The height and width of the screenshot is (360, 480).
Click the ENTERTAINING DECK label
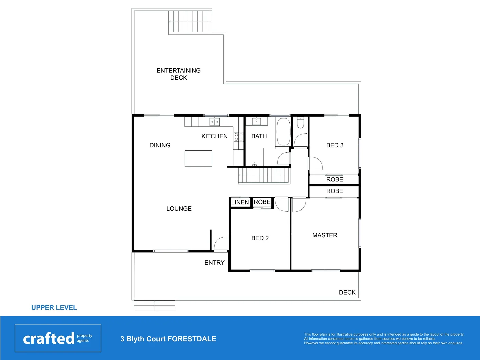pyautogui.click(x=179, y=74)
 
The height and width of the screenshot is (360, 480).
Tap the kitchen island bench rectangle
pyautogui.click(x=198, y=158)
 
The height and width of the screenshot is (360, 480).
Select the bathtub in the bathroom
pyautogui.click(x=283, y=132)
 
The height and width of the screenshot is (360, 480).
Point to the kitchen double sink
pyautogui.click(x=214, y=122)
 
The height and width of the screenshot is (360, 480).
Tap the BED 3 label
pyautogui.click(x=335, y=145)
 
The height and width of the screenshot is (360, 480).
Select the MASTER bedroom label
pyautogui.click(x=325, y=235)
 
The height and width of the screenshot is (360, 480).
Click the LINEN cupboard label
pyautogui.click(x=240, y=202)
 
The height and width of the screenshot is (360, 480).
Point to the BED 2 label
pyautogui.click(x=260, y=238)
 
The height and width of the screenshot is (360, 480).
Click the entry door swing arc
pyautogui.click(x=220, y=243)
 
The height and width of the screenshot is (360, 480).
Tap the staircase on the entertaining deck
pyautogui.click(x=190, y=22)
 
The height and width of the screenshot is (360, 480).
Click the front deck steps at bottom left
pyautogui.click(x=154, y=305)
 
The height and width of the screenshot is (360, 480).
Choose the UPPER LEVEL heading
pyautogui.click(x=54, y=308)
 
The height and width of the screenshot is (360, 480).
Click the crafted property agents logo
pyautogui.click(x=58, y=338)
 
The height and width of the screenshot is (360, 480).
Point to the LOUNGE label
pyautogui.click(x=179, y=209)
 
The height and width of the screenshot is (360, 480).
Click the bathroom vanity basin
pyautogui.click(x=256, y=121)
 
